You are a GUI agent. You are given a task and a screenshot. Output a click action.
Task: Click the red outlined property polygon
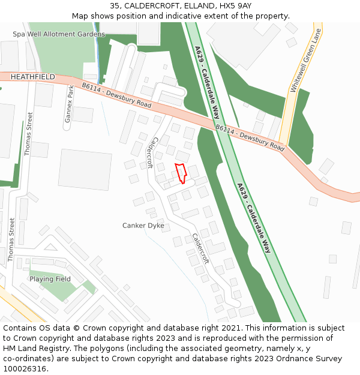[x=181, y=172]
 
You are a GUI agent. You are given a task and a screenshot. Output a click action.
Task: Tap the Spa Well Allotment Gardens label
[x=59, y=34]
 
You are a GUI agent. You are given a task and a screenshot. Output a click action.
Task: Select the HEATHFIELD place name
[x=32, y=77]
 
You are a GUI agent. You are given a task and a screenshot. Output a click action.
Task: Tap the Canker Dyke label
[x=143, y=226]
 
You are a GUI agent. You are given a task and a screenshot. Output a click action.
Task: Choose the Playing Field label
[x=50, y=279]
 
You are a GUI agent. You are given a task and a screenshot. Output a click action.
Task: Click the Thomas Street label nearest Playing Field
[x=12, y=239]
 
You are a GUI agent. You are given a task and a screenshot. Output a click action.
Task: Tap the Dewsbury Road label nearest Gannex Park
[x=117, y=96]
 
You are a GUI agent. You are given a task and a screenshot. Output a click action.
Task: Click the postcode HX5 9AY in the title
[x=236, y=5]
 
